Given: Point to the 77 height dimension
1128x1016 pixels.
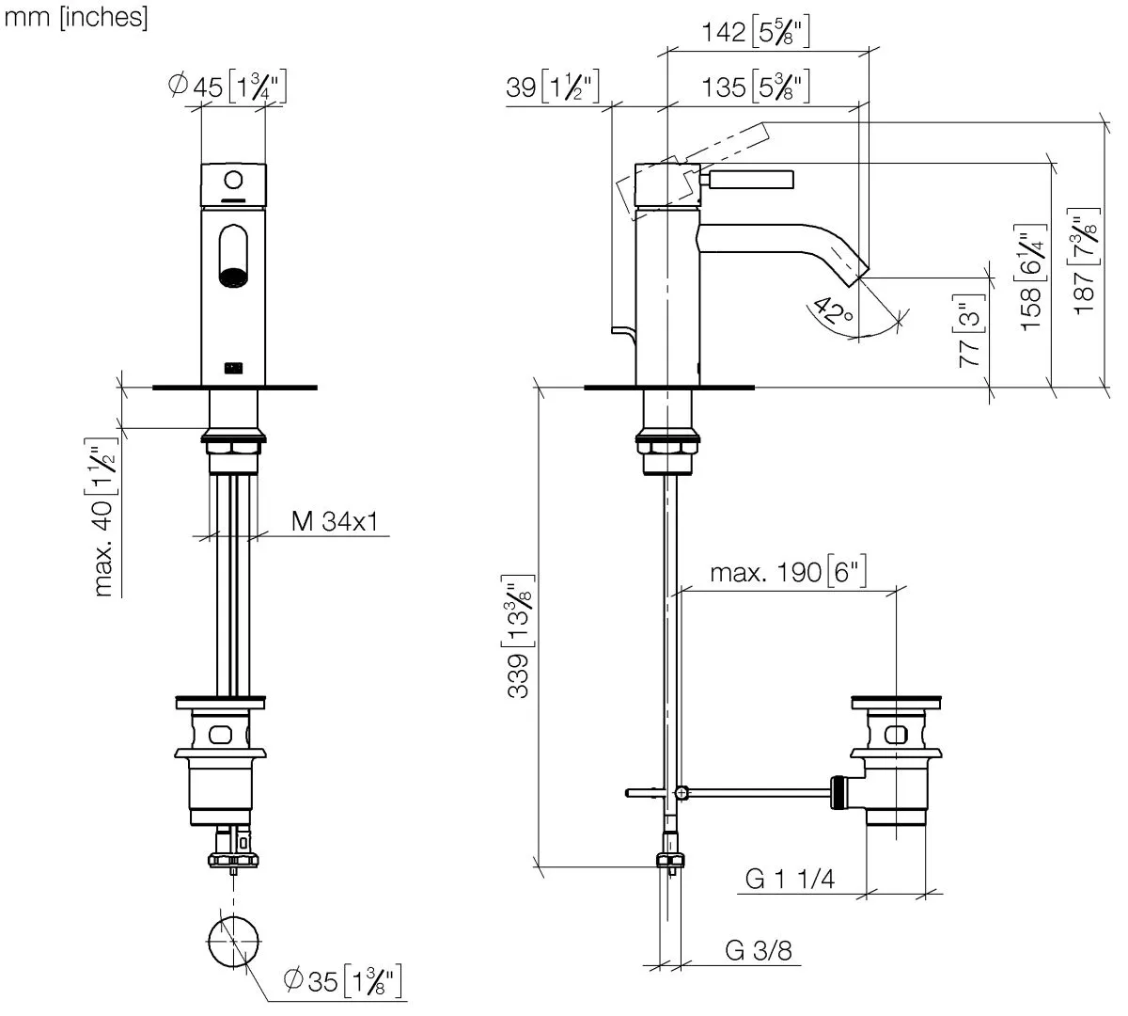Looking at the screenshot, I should click(969, 334).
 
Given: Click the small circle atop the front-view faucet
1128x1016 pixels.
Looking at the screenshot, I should click(233, 180).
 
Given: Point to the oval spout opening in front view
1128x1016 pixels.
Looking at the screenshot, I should click(233, 256).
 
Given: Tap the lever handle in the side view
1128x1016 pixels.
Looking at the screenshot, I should click(751, 179).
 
